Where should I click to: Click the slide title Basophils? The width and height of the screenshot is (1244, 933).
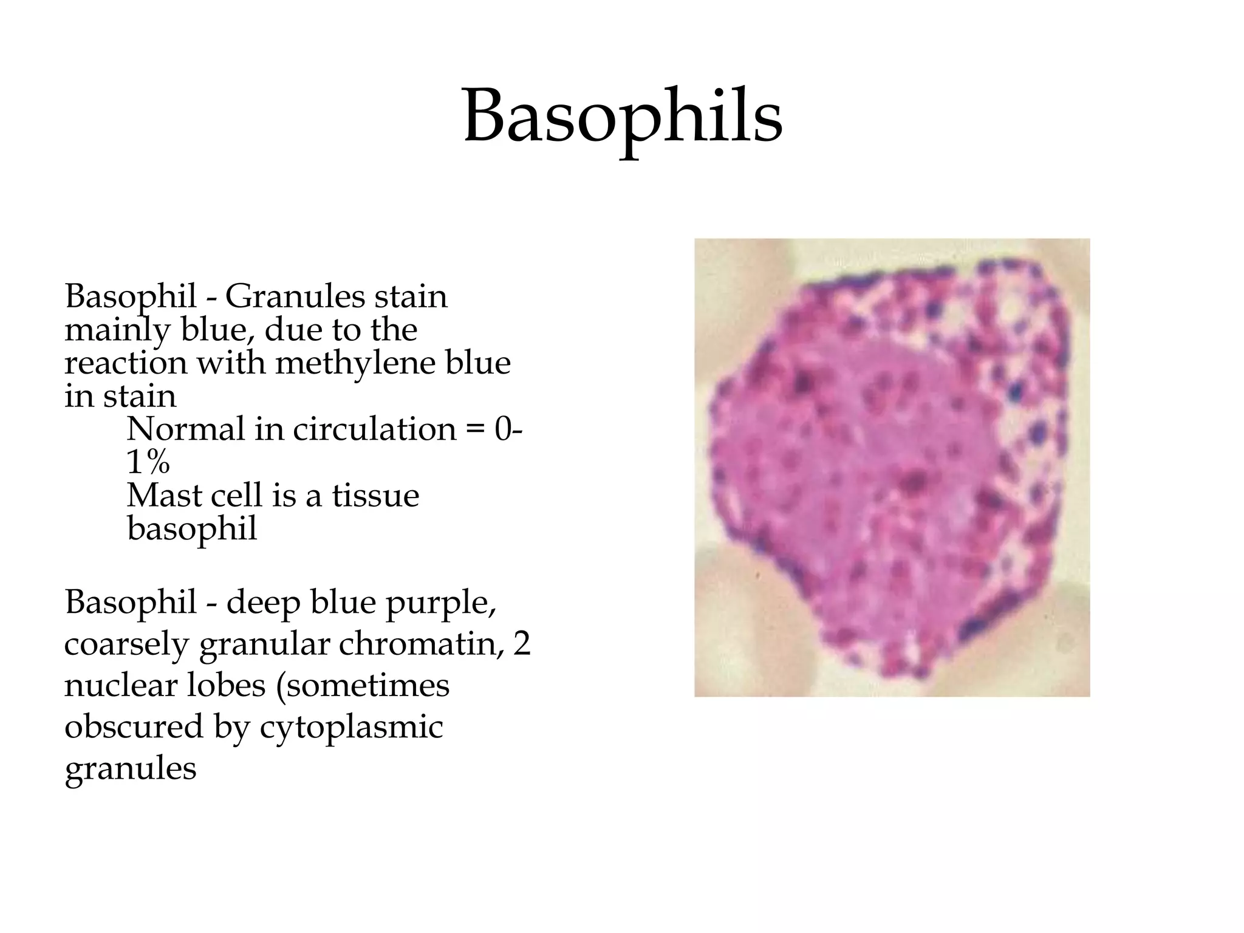click(623, 117)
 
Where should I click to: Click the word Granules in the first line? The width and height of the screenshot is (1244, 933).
click(295, 298)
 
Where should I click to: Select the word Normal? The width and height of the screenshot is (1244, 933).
click(185, 429)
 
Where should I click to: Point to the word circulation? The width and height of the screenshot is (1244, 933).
click(374, 429)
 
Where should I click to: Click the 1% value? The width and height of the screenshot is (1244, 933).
click(148, 463)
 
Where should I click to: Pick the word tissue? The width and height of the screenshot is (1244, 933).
click(375, 496)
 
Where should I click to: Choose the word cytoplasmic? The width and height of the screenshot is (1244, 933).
click(351, 728)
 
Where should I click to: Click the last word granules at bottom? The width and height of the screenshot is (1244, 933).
click(131, 769)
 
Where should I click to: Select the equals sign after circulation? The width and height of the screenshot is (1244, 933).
click(476, 430)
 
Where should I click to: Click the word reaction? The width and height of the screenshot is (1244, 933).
click(126, 364)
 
